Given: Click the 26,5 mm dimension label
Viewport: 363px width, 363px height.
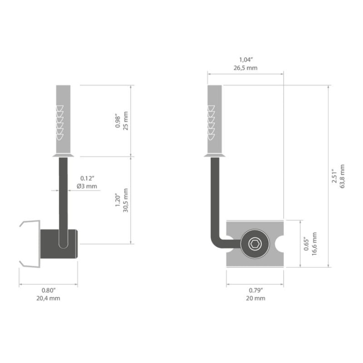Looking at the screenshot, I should coord(245,68).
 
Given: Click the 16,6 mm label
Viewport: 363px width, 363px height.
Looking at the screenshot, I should coord(315,243).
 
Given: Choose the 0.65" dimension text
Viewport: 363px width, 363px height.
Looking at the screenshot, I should coord(306,243).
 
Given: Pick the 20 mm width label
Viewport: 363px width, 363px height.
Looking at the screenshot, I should coord(255,299).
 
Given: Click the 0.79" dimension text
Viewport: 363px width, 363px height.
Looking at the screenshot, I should coord(255,290).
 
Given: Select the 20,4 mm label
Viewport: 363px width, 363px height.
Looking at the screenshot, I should coord(48,299).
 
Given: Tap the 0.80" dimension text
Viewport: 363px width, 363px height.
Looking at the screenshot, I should coord(48,290).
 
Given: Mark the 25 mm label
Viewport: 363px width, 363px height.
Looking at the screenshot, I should coord(126,120).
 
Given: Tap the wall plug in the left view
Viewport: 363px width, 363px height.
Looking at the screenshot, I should coord(63,120).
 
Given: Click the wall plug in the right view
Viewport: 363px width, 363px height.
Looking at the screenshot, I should coord(215,120).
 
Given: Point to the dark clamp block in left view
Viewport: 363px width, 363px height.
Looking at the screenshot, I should coord(58,245).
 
